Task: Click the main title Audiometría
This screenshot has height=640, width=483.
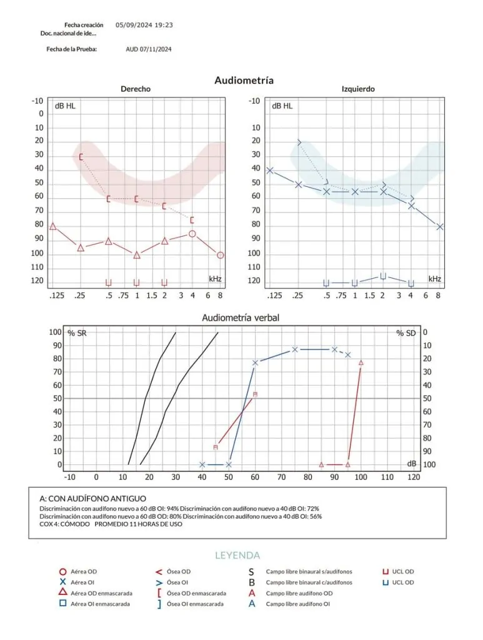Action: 244,81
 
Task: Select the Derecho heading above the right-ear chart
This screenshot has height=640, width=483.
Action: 136,89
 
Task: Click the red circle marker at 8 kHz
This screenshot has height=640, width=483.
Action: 220,255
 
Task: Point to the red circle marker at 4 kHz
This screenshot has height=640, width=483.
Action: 192,234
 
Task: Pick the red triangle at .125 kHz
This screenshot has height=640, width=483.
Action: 52,226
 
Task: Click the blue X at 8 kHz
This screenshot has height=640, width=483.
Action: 439,227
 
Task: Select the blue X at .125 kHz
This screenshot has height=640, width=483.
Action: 270,170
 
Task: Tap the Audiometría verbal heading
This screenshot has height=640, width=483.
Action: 241,317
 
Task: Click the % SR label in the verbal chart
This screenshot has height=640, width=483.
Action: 77,333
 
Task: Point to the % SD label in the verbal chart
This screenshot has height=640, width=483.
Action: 406,333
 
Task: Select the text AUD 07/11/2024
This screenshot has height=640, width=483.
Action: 149,49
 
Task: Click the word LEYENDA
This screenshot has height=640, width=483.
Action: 237,555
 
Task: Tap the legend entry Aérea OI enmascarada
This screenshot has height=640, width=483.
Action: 100,604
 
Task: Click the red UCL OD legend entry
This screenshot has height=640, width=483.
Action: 402,571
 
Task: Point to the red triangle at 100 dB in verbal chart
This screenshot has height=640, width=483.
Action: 361,362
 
